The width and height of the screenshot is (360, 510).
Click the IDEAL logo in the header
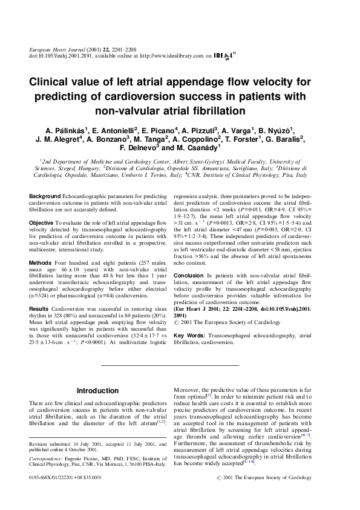tap(224, 55)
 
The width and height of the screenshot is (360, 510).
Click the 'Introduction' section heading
tap(98, 391)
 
